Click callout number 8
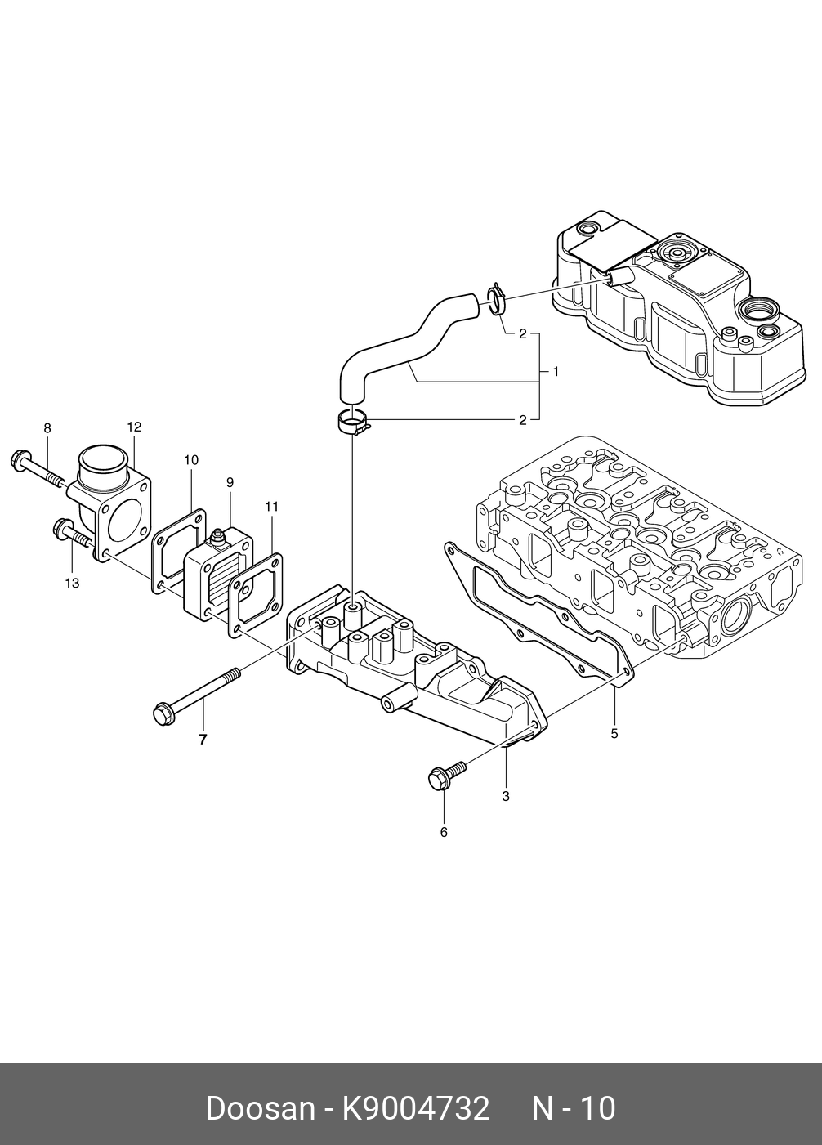47,427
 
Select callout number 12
134,426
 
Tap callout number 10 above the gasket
190,460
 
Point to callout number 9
230,482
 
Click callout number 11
272,507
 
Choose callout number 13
72,583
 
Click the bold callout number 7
203,740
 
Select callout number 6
444,832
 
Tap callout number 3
506,794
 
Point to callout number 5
614,733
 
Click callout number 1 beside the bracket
556,372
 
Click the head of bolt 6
438,779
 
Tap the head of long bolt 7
162,713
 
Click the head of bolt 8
19,460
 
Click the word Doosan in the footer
260,1109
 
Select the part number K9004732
416,1109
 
